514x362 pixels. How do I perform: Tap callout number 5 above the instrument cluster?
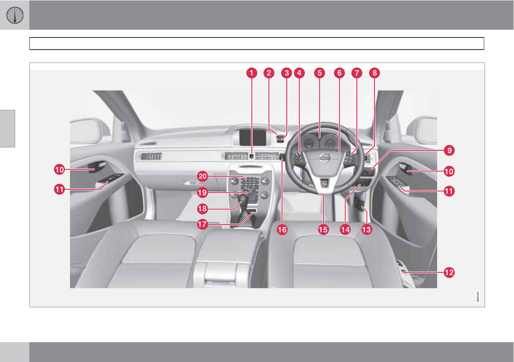[x=319, y=73]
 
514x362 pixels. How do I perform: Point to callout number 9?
[x=449, y=150]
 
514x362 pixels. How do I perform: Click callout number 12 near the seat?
[x=449, y=272]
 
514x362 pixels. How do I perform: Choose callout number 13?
[x=366, y=230]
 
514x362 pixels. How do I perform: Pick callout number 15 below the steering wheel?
[x=323, y=230]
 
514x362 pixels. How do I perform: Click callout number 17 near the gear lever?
[x=203, y=224]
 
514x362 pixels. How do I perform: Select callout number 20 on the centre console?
[x=203, y=176]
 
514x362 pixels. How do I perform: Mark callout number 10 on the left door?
[x=59, y=170]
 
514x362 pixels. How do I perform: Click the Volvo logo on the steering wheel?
[x=324, y=159]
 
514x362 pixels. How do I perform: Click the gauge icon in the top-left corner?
[x=14, y=15]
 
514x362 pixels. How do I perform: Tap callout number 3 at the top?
[x=286, y=73]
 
